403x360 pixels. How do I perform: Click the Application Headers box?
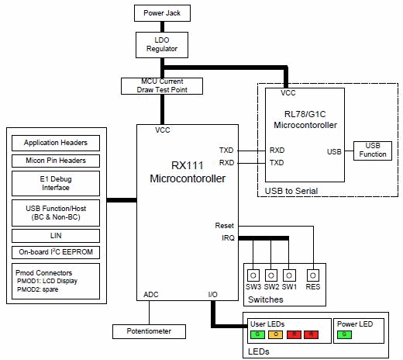click(56, 143)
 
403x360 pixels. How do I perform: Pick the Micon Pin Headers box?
click(56, 161)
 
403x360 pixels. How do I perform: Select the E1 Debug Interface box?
click(56, 184)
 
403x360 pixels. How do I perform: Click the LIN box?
click(56, 236)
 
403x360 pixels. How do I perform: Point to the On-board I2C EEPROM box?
click(56, 252)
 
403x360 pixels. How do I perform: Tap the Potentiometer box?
click(152, 331)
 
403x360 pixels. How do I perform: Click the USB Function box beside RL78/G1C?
click(372, 149)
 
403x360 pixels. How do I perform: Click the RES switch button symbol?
click(312, 275)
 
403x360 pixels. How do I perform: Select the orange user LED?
click(274, 334)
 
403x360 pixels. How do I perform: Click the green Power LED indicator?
click(345, 334)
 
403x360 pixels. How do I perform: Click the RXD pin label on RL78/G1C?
click(277, 149)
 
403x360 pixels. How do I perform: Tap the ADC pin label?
click(152, 295)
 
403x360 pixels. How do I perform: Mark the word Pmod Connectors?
click(44, 273)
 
